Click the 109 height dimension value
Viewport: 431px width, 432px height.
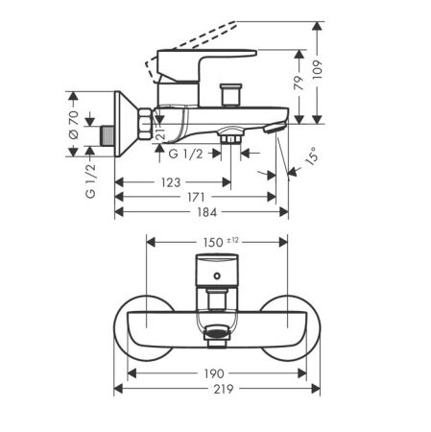pos(317,70)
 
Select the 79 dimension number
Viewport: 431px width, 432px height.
pos(299,83)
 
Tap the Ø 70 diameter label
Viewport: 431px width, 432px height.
pos(74,125)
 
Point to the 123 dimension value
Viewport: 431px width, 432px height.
pos(171,182)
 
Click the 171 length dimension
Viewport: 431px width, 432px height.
pos(196,197)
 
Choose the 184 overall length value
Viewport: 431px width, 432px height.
pos(206,212)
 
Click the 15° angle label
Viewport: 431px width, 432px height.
pos(312,156)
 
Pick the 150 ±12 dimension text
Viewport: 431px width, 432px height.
pos(221,242)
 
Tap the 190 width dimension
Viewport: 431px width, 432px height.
pos(214,373)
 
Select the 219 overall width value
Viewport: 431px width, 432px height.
pos(224,389)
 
